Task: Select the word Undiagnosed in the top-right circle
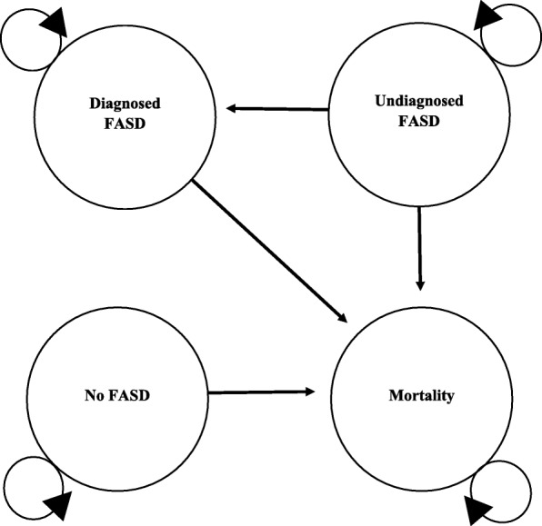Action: pyautogui.click(x=417, y=102)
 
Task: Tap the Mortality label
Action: pyautogui.click(x=417, y=396)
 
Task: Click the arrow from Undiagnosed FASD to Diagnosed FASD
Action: pyautogui.click(x=277, y=109)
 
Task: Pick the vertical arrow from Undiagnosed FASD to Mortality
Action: pyautogui.click(x=419, y=242)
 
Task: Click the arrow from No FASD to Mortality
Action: pyautogui.click(x=262, y=392)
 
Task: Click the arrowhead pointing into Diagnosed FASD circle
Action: pyautogui.click(x=232, y=109)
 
